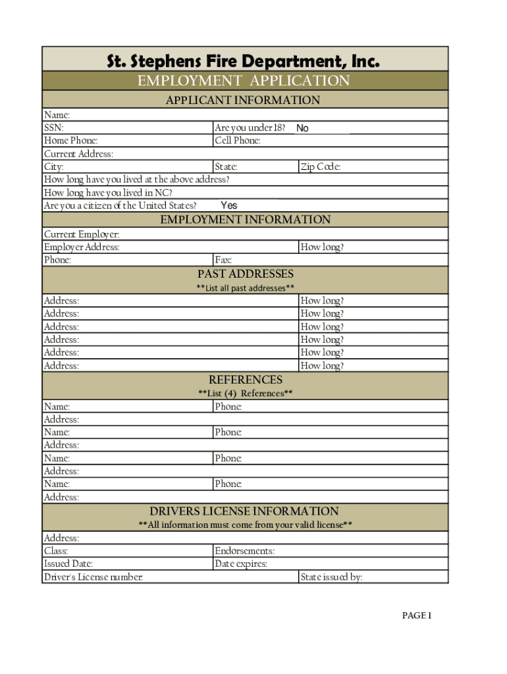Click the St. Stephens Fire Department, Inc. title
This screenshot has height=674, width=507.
244,62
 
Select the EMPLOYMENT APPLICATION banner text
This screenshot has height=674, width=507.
243,81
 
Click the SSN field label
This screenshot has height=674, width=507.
54,128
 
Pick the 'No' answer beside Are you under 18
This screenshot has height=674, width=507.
302,128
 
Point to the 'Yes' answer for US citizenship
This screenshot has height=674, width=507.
228,205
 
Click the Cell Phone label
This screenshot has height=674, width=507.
238,141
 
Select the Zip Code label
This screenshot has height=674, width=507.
320,167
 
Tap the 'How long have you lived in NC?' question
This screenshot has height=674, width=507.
108,193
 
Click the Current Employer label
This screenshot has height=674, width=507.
82,234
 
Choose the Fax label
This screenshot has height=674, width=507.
223,260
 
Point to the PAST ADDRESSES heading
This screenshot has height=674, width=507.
245,274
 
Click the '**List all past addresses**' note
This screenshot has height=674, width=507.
245,288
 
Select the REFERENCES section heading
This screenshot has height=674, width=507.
245,380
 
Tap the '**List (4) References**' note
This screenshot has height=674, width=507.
245,394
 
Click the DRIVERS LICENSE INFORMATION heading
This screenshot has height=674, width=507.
244,511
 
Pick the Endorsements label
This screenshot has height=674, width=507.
244,551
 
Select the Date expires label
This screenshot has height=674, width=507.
240,564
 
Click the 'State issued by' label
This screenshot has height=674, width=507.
331,577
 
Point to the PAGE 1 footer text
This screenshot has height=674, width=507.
416,616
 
